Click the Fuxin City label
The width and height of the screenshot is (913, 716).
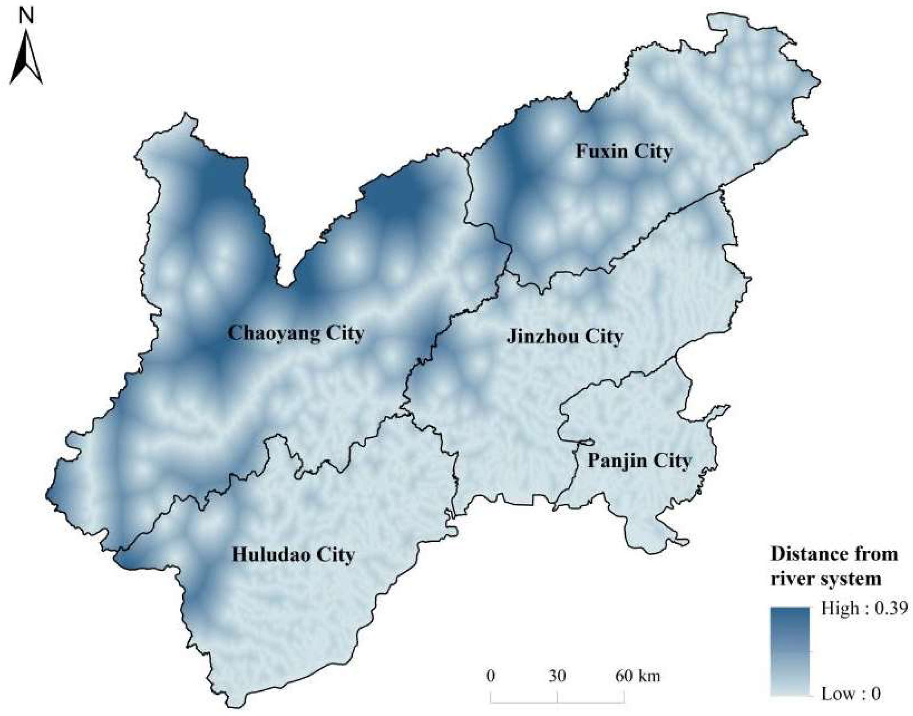624,151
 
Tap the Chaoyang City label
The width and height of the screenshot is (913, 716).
295,334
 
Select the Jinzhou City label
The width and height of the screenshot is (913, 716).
564,337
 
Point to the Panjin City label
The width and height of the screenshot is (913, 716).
638,461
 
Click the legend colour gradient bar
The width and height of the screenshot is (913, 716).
790,652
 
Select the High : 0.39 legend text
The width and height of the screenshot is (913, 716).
864,608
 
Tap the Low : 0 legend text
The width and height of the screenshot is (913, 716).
850,694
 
